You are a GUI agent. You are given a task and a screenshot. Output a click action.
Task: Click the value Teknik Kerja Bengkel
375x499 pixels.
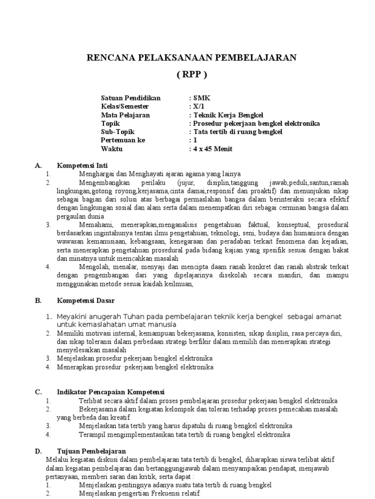tap(228, 115)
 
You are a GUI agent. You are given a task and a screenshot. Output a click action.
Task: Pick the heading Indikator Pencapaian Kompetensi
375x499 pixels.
tap(111, 392)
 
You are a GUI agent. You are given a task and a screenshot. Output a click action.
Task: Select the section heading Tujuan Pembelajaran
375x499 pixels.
tap(91, 451)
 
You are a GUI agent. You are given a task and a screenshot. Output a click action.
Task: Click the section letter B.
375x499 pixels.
tap(38, 301)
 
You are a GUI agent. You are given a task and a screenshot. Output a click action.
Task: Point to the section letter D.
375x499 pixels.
tap(38, 451)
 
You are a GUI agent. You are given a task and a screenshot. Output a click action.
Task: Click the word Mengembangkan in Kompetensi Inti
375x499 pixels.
tap(103, 183)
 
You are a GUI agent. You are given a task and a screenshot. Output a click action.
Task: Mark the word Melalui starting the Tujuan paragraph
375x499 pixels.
tap(56, 460)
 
